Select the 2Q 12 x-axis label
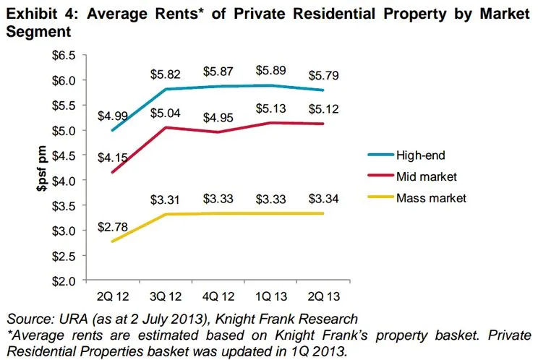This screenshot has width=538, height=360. click(113, 295)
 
